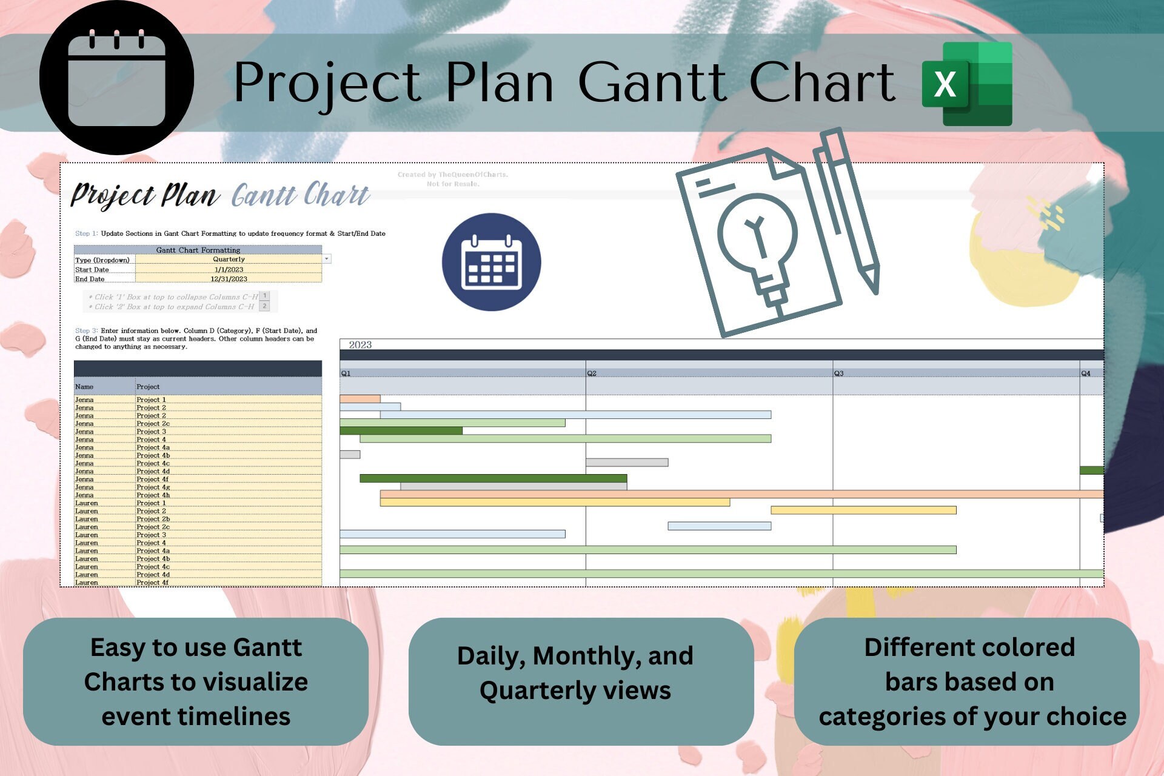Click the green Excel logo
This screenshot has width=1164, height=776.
click(x=967, y=84)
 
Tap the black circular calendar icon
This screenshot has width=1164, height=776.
click(x=116, y=78)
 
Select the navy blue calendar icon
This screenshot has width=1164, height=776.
click(x=491, y=262)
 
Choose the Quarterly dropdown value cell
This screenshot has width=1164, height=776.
click(x=229, y=259)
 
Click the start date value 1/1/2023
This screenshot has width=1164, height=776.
click(x=229, y=270)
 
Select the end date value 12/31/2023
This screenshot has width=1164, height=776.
click(x=229, y=279)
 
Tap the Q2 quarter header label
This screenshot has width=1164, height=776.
click(x=592, y=373)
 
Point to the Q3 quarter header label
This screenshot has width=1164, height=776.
click(x=838, y=373)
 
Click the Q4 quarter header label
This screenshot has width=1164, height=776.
click(x=1086, y=373)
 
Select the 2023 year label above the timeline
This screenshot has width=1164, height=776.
click(x=360, y=345)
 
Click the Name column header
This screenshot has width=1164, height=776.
click(x=84, y=387)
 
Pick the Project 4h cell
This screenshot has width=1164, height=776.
click(x=153, y=495)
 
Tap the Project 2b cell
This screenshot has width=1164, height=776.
click(x=153, y=519)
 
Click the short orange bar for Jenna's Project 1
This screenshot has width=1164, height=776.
click(x=360, y=399)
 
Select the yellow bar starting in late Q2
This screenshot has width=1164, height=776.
click(x=863, y=510)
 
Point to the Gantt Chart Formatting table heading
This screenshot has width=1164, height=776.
click(x=198, y=250)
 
